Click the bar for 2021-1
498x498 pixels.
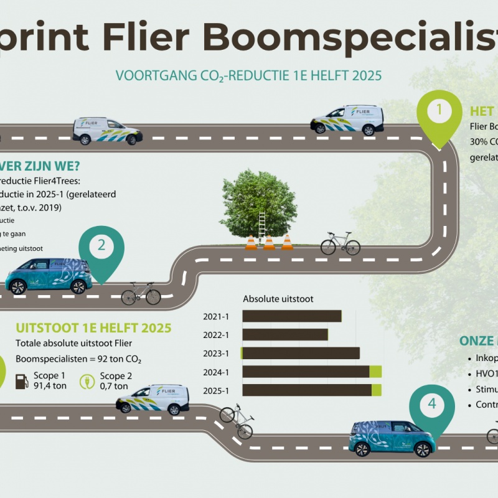pyautogui.click(x=292, y=316)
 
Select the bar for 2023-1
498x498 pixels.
pyautogui.click(x=301, y=354)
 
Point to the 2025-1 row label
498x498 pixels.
pyautogui.click(x=216, y=390)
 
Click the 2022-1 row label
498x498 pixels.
pyautogui.click(x=216, y=335)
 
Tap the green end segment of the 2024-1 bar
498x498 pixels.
pyautogui.click(x=375, y=372)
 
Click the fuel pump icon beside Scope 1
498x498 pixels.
pyautogui.click(x=22, y=381)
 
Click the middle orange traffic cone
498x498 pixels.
pyautogui.click(x=269, y=242)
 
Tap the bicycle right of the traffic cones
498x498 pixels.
pyautogui.click(x=341, y=243)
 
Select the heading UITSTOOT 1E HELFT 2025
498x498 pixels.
pyautogui.click(x=93, y=328)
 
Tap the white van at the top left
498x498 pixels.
pyautogui.click(x=107, y=131)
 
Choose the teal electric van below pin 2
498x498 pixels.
pyautogui.click(x=49, y=275)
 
